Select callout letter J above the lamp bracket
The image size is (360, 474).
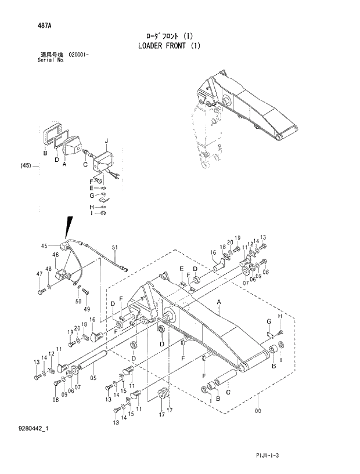coord(106,142)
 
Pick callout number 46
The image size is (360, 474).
coord(56,255)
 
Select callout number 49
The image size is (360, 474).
coord(87,308)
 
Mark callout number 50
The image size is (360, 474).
coord(78,302)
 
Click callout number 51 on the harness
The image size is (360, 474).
coord(114,248)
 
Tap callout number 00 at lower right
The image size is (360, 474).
coord(258,411)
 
